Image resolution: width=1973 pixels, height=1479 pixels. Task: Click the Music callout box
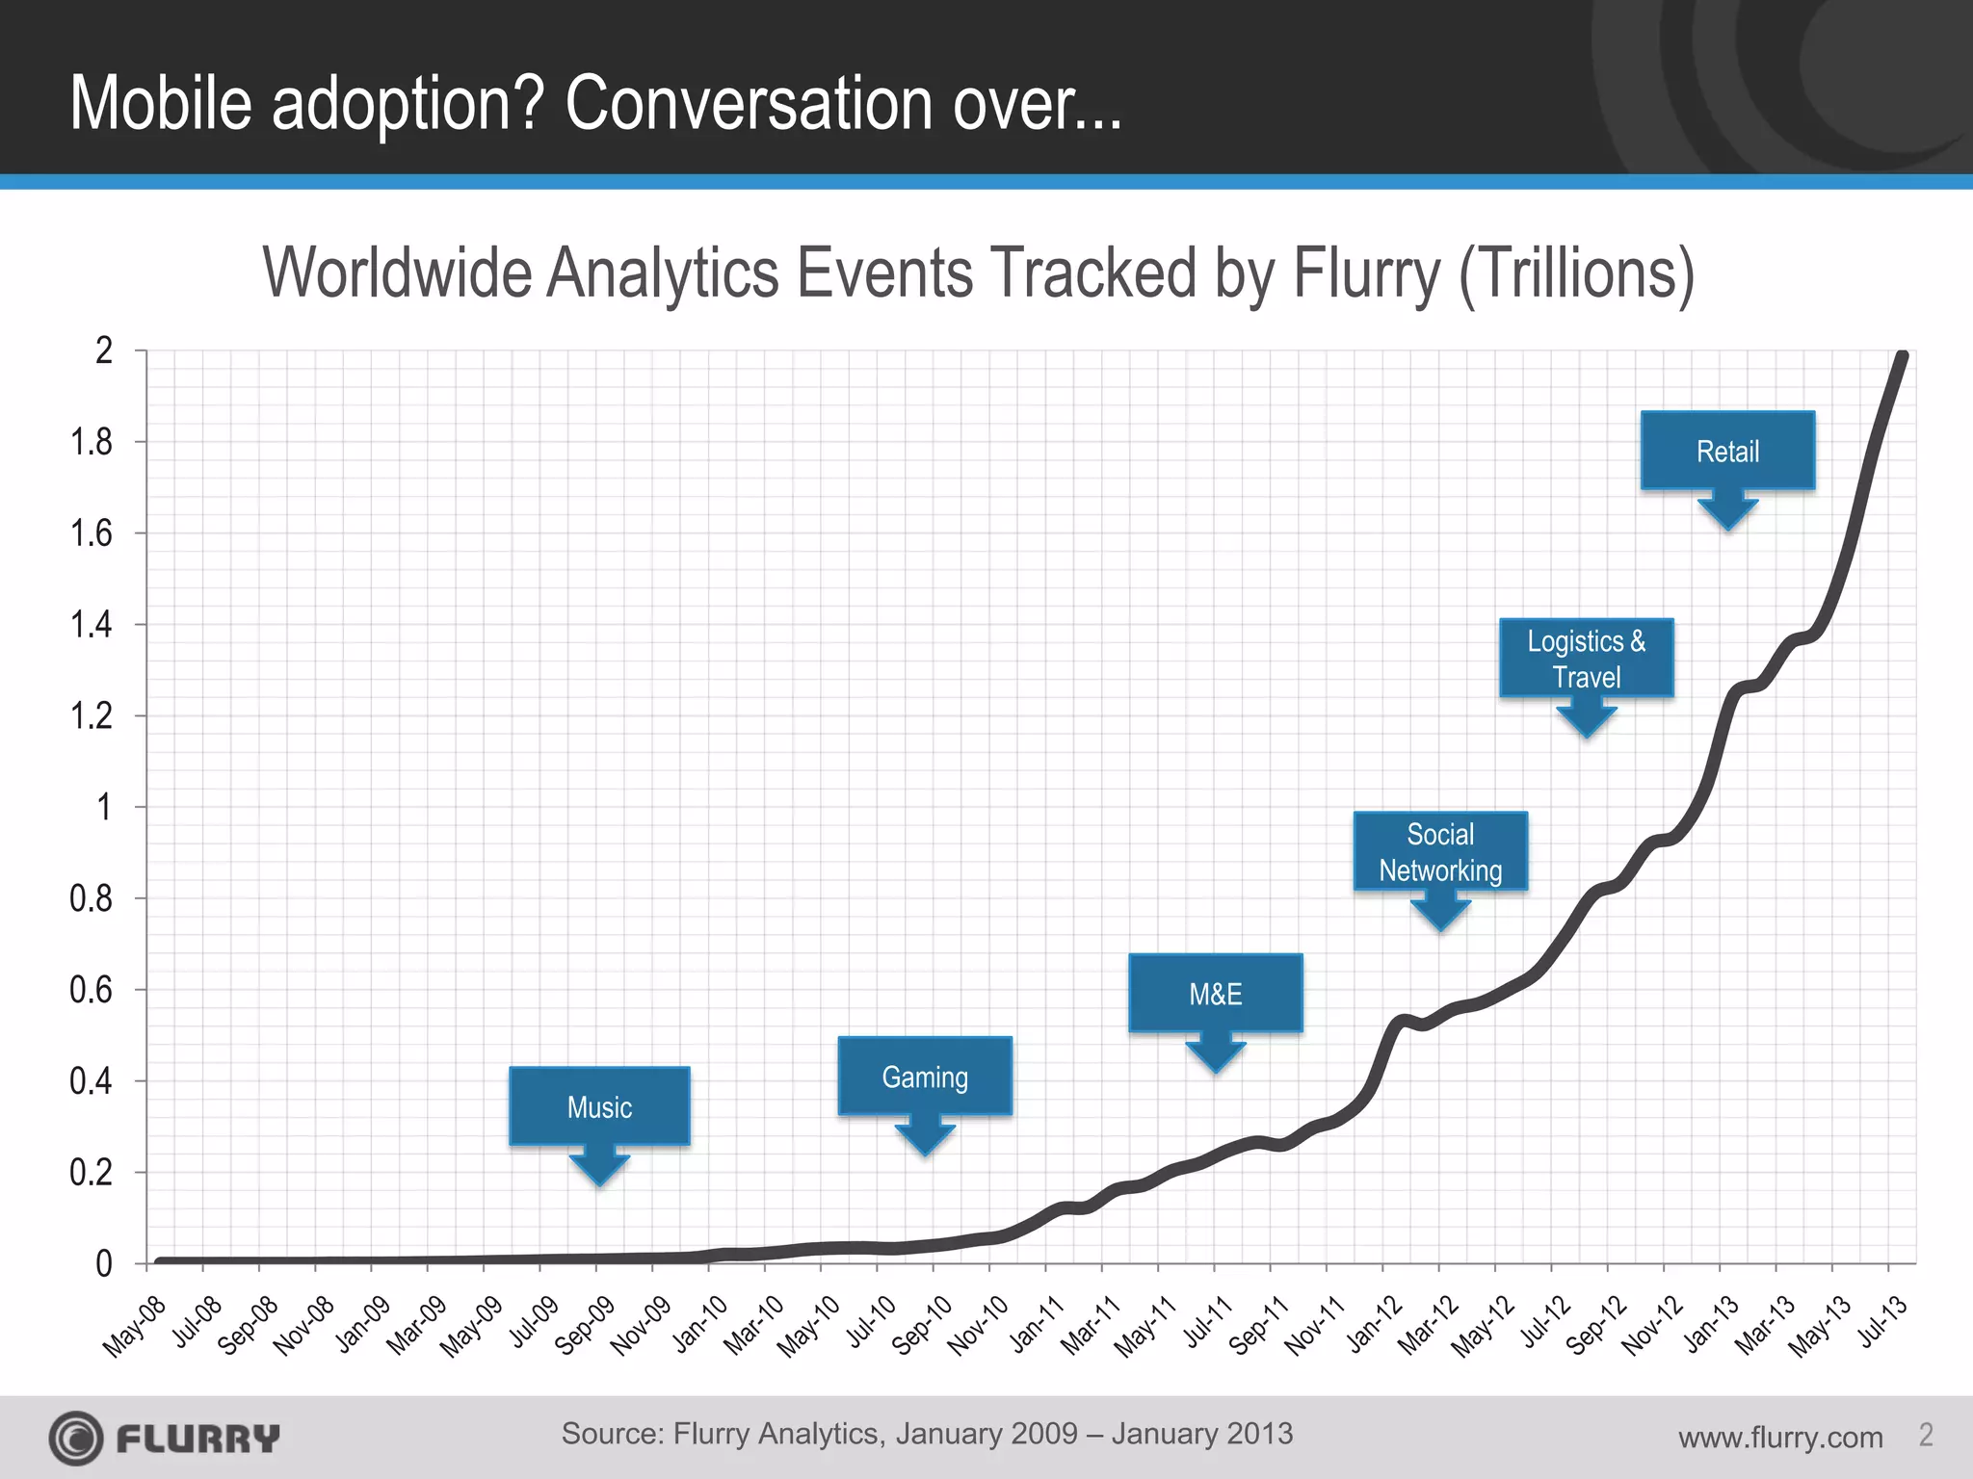pos(599,1106)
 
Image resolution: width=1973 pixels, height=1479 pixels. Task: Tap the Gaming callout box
pos(925,1077)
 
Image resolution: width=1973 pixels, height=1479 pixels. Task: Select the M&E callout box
pos(1215,994)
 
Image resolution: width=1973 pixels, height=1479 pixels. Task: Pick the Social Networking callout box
pos(1440,852)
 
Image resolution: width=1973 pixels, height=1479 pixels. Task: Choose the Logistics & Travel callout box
pos(1586,659)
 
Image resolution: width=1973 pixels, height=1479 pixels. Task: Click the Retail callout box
pos(1727,451)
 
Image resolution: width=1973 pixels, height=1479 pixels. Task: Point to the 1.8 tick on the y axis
pos(92,442)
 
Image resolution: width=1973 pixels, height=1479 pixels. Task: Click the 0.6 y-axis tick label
pos(92,990)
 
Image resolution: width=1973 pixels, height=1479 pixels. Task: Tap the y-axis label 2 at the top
pos(104,350)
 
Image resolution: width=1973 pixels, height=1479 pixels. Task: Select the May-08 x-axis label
pos(135,1327)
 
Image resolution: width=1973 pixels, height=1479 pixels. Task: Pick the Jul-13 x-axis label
pos(1882,1321)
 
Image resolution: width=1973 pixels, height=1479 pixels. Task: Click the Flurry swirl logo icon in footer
pos(76,1439)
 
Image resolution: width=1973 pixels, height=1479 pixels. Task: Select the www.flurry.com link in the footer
pos(1779,1438)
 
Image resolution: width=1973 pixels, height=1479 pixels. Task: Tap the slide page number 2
pos(1926,1435)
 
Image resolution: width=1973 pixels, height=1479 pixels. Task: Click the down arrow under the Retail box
pos(1727,511)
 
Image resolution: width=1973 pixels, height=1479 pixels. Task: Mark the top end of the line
pos(1903,357)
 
